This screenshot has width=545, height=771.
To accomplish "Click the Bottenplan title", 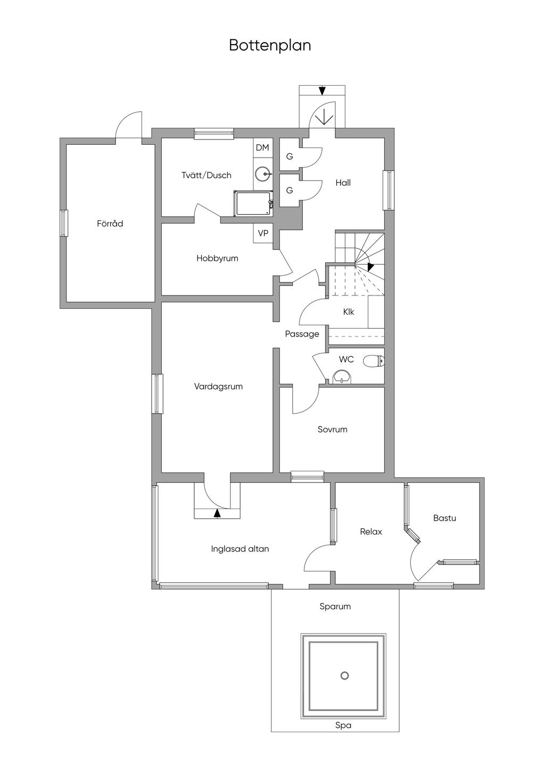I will click(270, 45).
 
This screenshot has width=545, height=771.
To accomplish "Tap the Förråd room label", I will click(110, 224).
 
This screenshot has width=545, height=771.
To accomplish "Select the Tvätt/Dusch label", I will click(207, 175).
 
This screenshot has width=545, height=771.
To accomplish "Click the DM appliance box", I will click(262, 147).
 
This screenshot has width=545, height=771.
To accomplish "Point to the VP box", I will click(263, 233).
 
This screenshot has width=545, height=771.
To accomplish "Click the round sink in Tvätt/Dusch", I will click(262, 174).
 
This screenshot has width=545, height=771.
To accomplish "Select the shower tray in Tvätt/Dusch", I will click(253, 204).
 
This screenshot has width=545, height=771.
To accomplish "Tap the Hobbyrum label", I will click(217, 258).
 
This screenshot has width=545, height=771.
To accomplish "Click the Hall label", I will click(343, 183).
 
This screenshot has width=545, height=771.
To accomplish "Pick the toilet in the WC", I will click(373, 362).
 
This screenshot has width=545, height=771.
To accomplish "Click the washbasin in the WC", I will click(341, 377).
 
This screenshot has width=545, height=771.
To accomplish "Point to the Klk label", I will click(349, 312).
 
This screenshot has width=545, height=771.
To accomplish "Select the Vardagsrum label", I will click(218, 387).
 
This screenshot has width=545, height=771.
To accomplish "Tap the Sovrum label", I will click(332, 429).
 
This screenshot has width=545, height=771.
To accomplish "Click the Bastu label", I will click(444, 518).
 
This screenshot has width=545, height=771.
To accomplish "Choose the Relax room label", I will click(371, 531).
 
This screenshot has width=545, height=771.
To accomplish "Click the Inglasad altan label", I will click(240, 548).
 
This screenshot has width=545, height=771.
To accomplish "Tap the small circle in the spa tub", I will click(344, 676).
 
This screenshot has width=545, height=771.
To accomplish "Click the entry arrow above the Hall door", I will click(322, 91).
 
